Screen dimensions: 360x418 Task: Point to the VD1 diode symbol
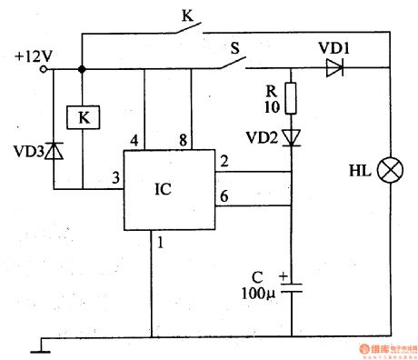coord(333,66)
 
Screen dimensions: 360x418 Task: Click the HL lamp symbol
coord(392,170)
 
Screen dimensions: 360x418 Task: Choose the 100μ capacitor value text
coord(264,295)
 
